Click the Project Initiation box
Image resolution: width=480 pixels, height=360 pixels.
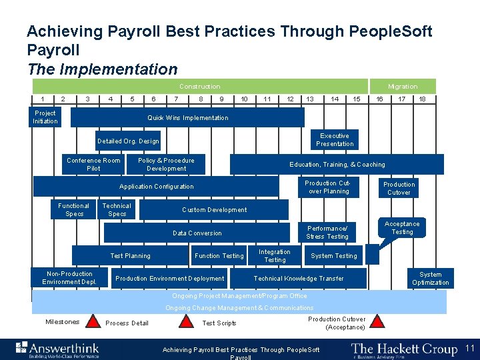coord(45,117)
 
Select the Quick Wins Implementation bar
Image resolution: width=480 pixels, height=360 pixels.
coord(187,118)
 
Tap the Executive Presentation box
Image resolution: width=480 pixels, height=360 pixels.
coord(335,139)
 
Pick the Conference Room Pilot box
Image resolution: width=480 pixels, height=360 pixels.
coord(93,165)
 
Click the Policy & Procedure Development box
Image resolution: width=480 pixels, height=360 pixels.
coord(166,165)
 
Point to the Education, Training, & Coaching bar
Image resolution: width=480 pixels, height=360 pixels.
coord(337,165)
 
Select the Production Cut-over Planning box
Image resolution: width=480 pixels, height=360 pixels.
coord(327,187)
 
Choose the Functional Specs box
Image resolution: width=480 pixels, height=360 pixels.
coord(74,210)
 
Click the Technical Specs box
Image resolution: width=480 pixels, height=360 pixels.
coord(117,210)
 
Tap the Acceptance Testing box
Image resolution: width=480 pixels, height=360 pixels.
coord(402,228)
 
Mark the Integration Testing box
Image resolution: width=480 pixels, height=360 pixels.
coord(275,256)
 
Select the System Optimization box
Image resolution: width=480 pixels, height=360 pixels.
coord(430,279)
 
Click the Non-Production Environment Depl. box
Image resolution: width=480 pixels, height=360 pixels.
coord(69,278)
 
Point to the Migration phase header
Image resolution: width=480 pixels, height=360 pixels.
coord(403,87)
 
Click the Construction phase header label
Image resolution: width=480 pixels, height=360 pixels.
coord(199,87)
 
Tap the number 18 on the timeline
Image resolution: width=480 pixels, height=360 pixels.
coord(423,99)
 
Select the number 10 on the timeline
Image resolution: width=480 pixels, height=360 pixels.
coord(245,99)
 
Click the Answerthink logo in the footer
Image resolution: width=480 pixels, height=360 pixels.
coord(58,349)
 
